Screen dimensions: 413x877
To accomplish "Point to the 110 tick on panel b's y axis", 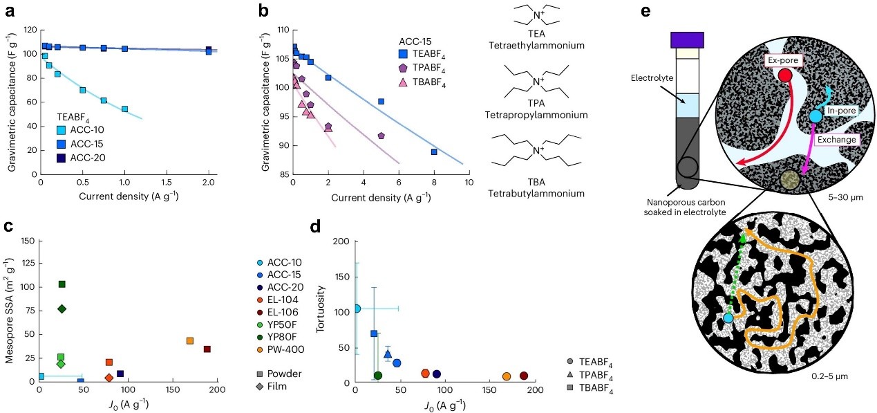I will point(282,30).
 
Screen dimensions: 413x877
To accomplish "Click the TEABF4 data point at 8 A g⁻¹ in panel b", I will point(434,152).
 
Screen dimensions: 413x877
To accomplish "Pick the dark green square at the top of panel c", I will point(62,284).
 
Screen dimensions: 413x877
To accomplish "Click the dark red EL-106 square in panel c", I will point(207,349).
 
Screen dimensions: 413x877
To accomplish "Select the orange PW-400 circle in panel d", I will point(507,376).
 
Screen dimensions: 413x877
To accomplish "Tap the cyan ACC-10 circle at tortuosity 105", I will point(356,309).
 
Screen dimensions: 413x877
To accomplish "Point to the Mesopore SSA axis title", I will point(10,311).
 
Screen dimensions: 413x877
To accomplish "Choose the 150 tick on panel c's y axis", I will point(28,241).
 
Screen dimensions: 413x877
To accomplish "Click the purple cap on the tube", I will point(686,39).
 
